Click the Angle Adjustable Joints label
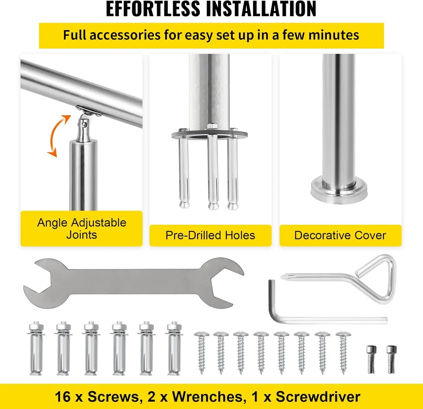pos(81,229)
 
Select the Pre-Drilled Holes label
pos(210,235)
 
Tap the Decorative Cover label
pos(340,235)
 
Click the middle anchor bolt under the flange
pos(213,172)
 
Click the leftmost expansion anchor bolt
pos(36,349)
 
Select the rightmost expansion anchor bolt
pos(174,349)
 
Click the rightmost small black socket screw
pos(391,359)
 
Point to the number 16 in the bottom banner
pos(63,397)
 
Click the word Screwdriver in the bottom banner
pos(318,397)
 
